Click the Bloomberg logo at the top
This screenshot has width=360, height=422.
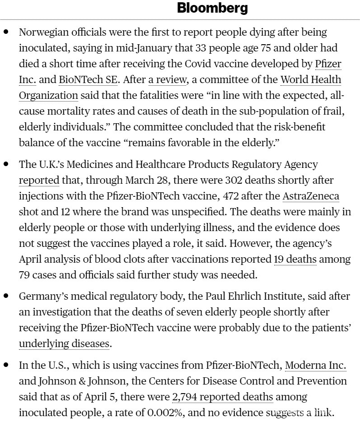(212, 8)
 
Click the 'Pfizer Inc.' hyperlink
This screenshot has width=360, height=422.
(327, 64)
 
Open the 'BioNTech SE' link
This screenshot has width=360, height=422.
(88, 80)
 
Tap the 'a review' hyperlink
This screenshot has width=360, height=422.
(168, 80)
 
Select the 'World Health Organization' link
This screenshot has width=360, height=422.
(310, 80)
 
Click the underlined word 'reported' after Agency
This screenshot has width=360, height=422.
(39, 180)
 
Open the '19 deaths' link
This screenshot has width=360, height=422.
(295, 259)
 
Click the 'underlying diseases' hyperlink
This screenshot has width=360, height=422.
(64, 343)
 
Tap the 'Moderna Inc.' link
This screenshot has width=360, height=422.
(315, 365)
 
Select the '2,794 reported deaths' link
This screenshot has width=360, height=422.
(223, 397)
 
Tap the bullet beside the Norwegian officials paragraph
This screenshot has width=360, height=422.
(6, 32)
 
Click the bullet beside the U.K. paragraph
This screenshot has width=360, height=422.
(6, 164)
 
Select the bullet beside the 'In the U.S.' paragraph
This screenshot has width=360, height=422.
(6, 365)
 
